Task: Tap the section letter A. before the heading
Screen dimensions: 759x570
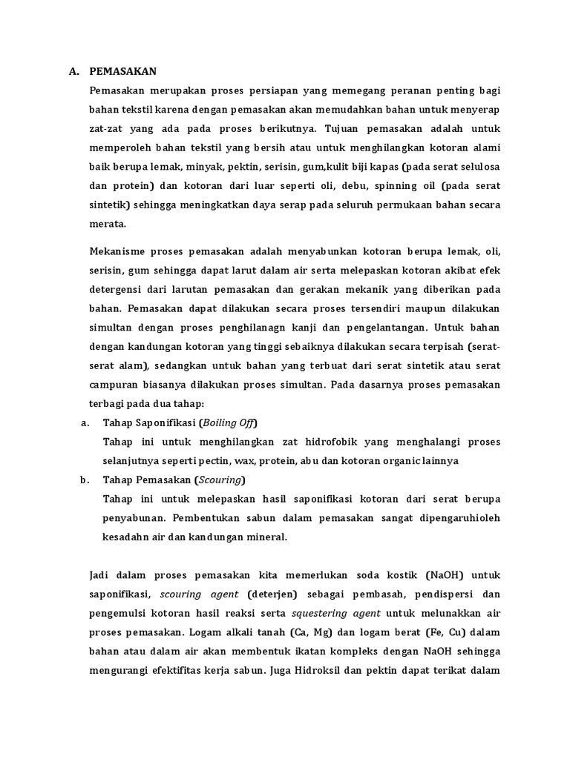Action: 73,71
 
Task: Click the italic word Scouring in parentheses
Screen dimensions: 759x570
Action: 220,480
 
